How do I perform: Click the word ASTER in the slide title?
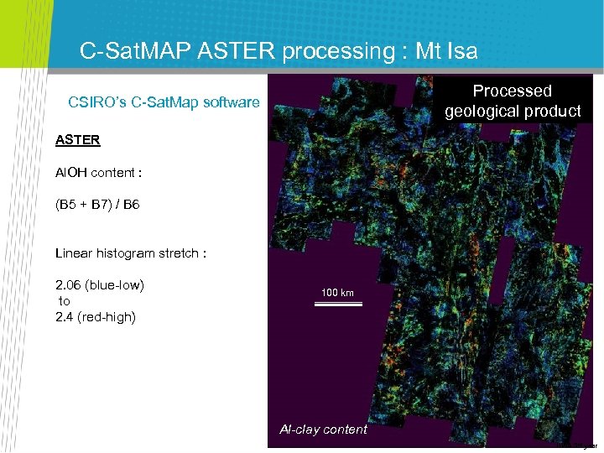pyautogui.click(x=239, y=52)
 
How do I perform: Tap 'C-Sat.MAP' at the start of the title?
pyautogui.click(x=137, y=52)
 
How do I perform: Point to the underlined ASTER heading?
pyautogui.click(x=77, y=140)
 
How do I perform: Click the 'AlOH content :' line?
pyautogui.click(x=98, y=173)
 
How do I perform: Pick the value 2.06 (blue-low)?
pyautogui.click(x=100, y=285)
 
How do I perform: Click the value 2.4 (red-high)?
pyautogui.click(x=95, y=316)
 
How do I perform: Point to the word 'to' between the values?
pyautogui.click(x=64, y=301)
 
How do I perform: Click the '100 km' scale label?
pyautogui.click(x=337, y=293)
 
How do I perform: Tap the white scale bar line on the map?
pyautogui.click(x=337, y=304)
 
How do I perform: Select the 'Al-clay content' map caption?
pyautogui.click(x=323, y=430)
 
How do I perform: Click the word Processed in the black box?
pyautogui.click(x=512, y=91)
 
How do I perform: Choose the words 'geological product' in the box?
pyautogui.click(x=512, y=111)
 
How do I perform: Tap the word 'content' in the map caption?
pyautogui.click(x=345, y=430)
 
